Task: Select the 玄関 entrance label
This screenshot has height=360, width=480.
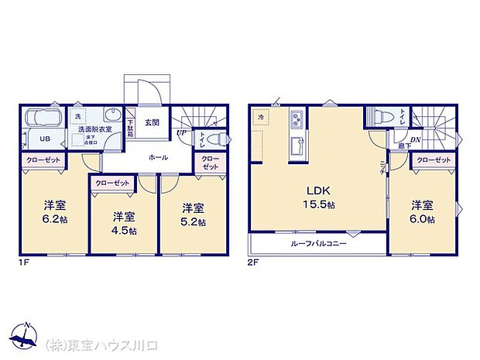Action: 152,122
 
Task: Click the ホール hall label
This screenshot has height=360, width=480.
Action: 159,156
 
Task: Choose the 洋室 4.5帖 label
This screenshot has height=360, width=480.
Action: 124,222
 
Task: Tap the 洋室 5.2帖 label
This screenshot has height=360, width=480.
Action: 194,214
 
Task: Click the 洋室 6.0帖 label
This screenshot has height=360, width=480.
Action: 422,211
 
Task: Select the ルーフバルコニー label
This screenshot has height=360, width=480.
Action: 318,243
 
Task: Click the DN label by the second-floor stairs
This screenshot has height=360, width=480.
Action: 416,139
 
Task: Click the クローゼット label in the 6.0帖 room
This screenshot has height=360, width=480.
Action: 434,159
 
